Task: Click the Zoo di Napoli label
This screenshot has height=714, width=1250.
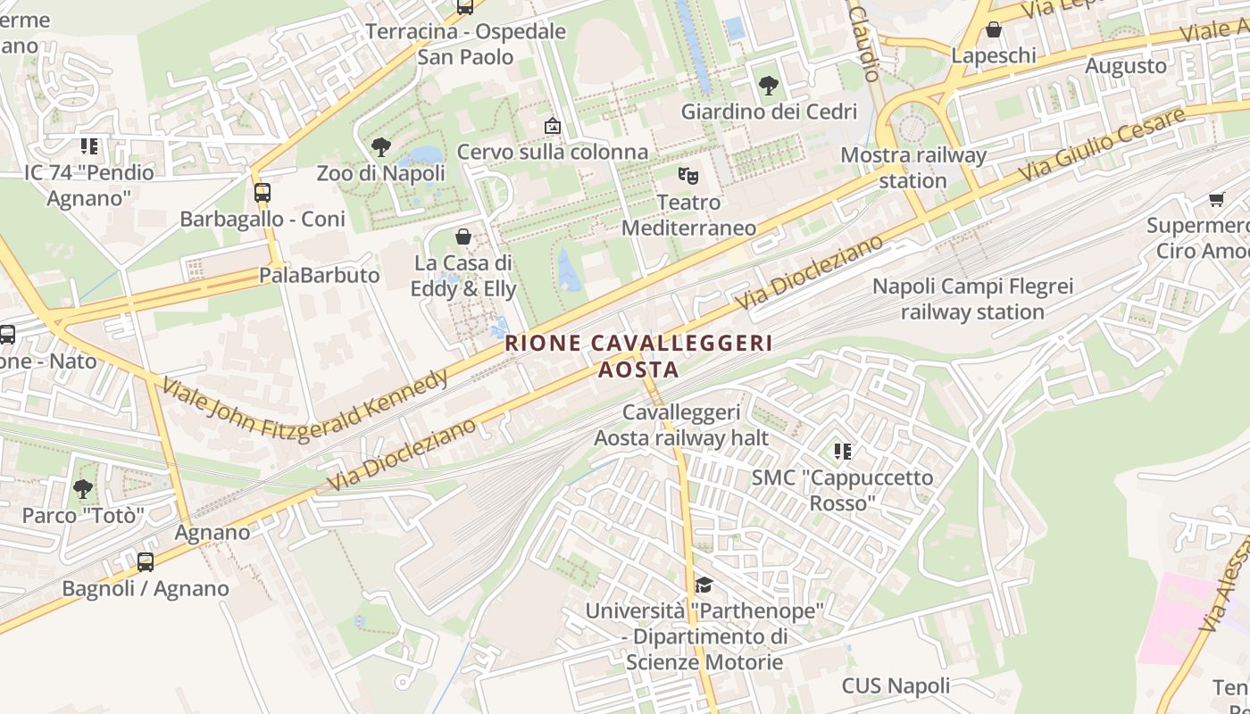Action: tap(380, 173)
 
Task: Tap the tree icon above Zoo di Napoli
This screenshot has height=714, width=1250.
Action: tap(381, 146)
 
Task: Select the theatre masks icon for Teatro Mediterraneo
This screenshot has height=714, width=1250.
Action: tap(687, 175)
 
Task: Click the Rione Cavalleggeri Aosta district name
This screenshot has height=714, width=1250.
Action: tap(638, 355)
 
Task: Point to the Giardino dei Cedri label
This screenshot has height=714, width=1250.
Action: tap(769, 112)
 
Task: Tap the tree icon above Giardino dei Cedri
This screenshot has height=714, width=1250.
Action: tap(768, 86)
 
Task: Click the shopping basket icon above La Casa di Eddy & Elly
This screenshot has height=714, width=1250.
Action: tap(463, 237)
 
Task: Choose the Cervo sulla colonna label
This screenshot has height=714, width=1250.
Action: tap(553, 152)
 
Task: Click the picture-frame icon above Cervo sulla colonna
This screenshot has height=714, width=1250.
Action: tap(553, 126)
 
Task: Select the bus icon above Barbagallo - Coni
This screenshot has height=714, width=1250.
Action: tap(262, 192)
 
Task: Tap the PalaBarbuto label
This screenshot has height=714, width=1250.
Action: tap(320, 275)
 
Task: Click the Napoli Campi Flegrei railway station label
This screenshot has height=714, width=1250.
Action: tap(972, 299)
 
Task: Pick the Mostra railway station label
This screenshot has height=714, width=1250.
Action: tap(913, 168)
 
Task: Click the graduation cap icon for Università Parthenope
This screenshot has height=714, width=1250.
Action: tap(704, 585)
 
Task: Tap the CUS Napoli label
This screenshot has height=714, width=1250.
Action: tap(896, 686)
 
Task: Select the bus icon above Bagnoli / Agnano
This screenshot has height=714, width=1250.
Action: tap(146, 562)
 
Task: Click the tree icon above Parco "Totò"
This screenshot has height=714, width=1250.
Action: tap(83, 489)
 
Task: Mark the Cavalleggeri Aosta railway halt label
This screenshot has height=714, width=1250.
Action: tap(681, 425)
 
